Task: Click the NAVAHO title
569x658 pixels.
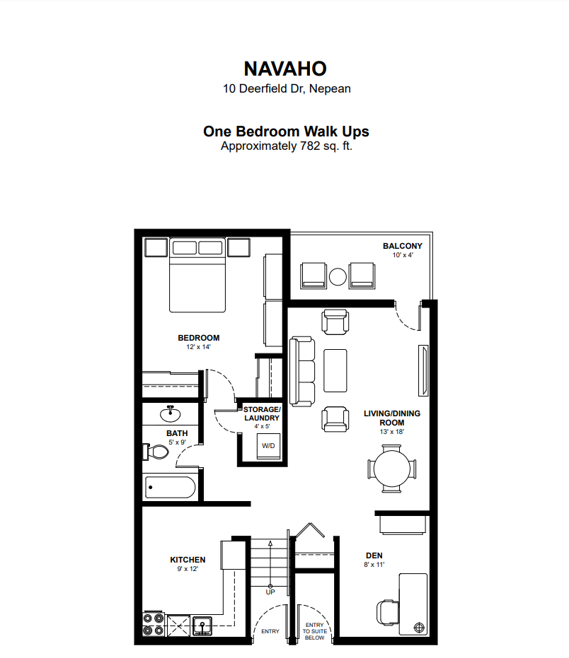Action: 285,69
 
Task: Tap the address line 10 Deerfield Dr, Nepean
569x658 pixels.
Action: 287,89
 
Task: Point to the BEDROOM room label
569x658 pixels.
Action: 198,338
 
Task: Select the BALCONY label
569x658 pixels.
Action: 402,246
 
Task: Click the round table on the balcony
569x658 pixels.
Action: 338,277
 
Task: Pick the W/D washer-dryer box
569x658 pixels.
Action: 268,446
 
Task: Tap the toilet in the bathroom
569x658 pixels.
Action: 156,452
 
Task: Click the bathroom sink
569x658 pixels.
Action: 170,413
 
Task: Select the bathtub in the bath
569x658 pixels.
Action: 170,487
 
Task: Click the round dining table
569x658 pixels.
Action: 391,469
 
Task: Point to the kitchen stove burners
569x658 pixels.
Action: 154,624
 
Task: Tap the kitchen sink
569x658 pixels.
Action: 202,626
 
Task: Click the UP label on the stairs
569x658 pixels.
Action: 270,592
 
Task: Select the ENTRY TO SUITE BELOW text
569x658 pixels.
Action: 314,631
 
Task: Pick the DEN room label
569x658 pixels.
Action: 374,556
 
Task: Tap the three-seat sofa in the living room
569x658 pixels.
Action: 302,371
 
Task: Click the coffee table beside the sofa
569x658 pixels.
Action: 335,370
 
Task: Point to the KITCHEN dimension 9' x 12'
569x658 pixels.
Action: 188,569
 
